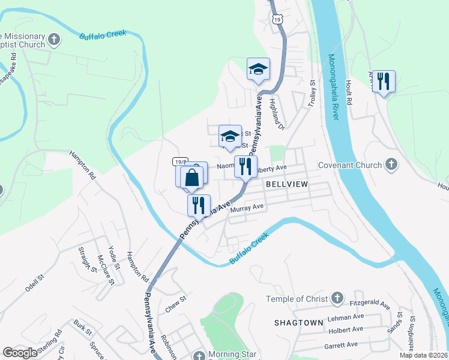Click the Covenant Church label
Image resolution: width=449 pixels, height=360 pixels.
click(349, 165)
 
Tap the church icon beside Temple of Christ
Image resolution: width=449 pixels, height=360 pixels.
click(337, 298)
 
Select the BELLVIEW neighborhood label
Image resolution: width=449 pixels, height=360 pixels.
click(286, 185)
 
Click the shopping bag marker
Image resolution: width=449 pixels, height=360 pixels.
click(192, 178)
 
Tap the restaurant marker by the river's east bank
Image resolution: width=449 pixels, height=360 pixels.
click(384, 81)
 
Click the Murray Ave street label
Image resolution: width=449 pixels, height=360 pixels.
click(247, 207)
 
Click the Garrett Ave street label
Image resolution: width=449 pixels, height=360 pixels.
click(340, 344)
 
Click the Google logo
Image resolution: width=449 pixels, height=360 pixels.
click(20, 353)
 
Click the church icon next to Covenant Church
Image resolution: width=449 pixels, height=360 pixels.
click(391, 164)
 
